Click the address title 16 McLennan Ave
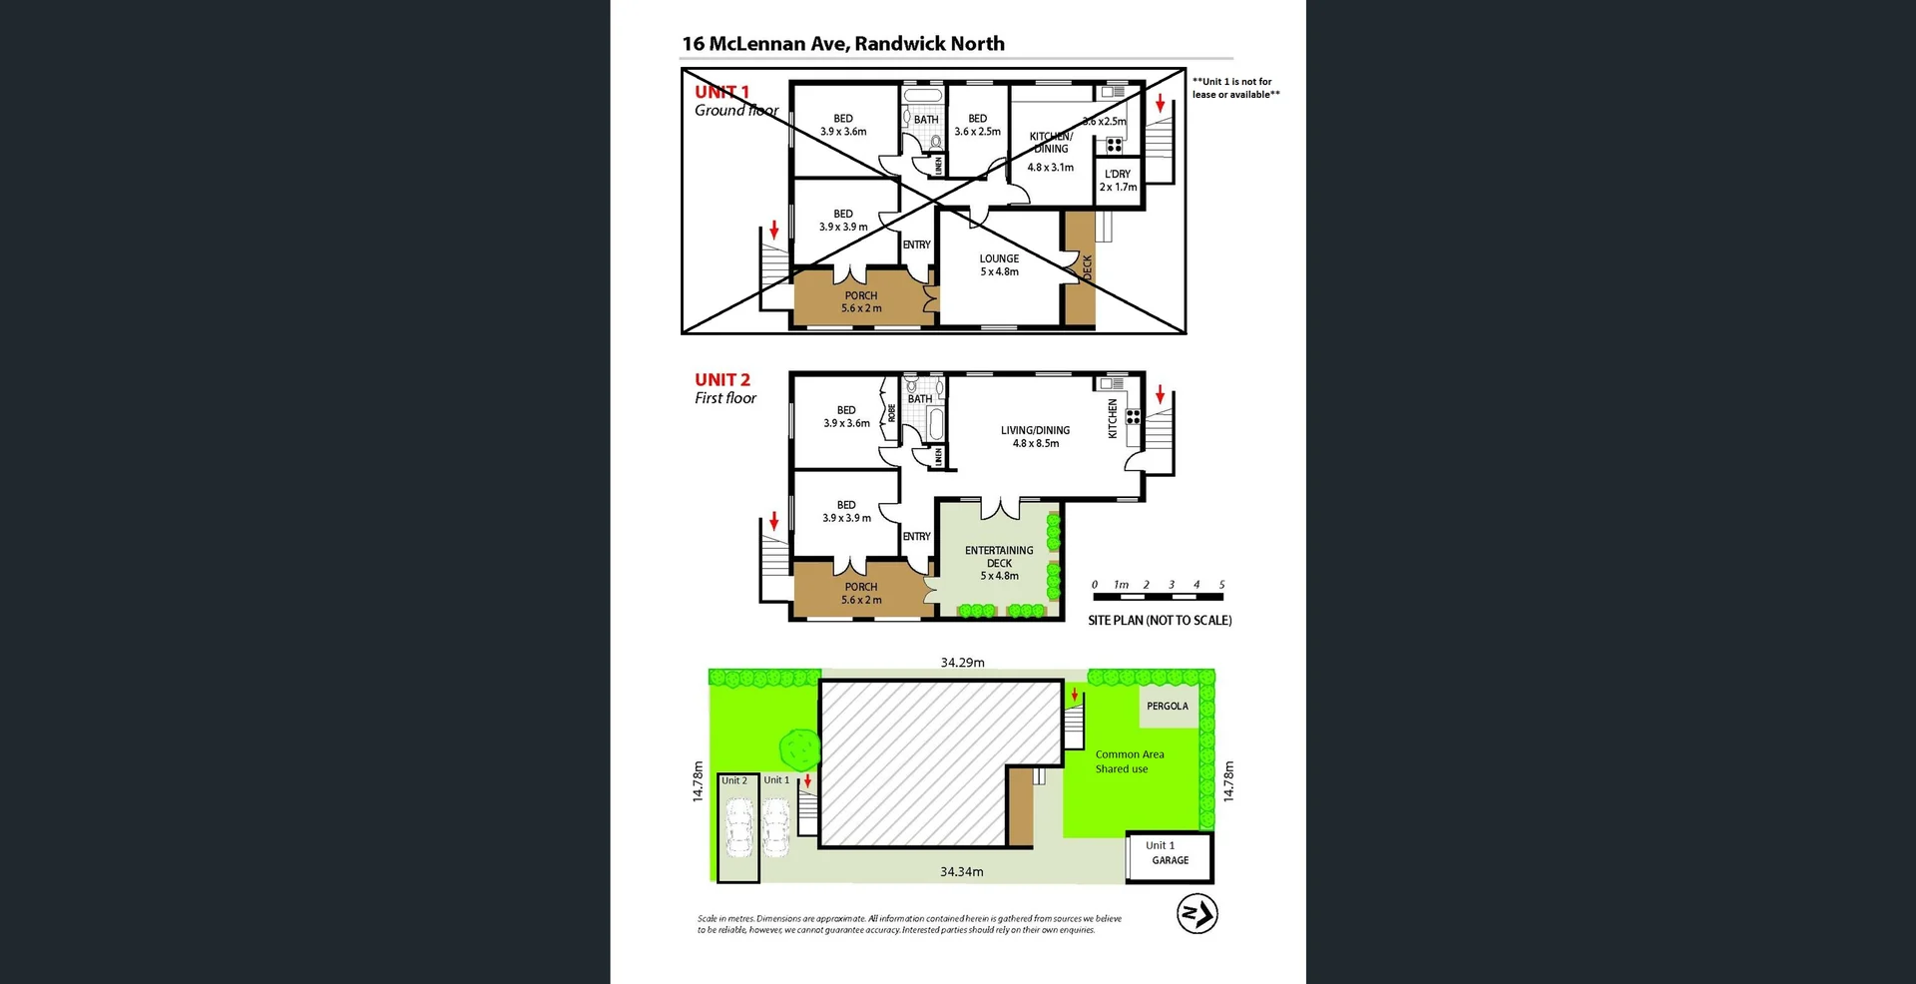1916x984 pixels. (x=843, y=44)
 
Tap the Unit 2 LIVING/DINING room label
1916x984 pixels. (x=1035, y=437)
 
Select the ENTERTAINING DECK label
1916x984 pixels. (x=999, y=563)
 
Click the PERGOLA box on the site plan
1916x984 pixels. (x=1168, y=707)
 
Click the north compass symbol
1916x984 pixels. (x=1197, y=914)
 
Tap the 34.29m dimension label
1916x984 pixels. (x=962, y=663)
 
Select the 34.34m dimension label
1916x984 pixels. (x=961, y=872)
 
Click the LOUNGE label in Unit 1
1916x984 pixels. (x=999, y=264)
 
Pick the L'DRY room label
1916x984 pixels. (x=1118, y=181)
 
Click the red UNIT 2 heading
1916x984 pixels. (x=722, y=380)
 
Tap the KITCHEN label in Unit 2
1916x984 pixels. (x=1114, y=419)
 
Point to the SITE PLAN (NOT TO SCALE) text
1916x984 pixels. (x=1160, y=621)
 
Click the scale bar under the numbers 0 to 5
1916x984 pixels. (x=1158, y=597)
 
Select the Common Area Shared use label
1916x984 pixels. (x=1129, y=761)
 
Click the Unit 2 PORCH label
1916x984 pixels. (x=861, y=594)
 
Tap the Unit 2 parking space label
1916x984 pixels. (x=734, y=781)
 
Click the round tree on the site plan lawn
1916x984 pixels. (x=799, y=747)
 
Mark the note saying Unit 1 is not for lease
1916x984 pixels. (x=1235, y=88)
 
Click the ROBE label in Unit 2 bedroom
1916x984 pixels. (x=892, y=412)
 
